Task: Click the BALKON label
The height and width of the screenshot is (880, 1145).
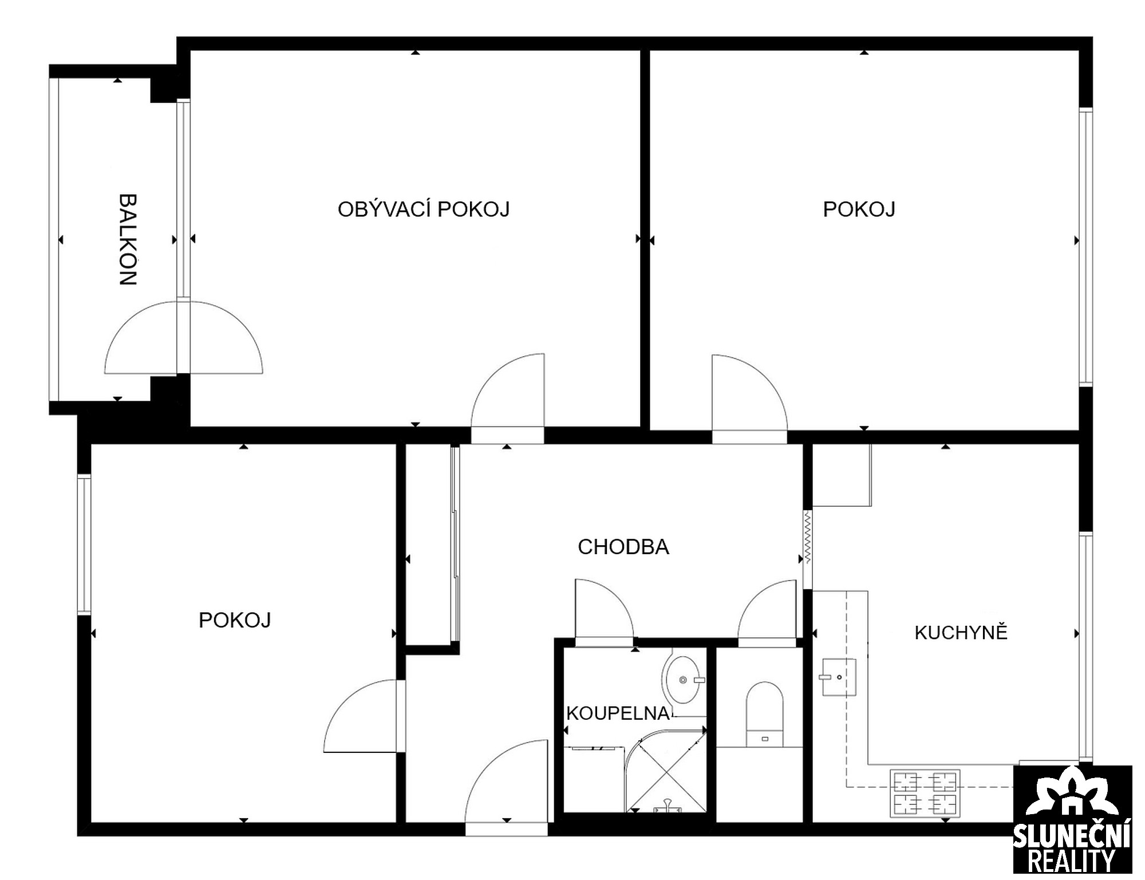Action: pyautogui.click(x=128, y=239)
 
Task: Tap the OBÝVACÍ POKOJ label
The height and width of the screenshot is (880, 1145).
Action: pyautogui.click(x=424, y=210)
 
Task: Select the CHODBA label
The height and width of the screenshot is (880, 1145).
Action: pyautogui.click(x=623, y=547)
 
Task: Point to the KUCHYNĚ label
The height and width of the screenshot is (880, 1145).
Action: pyautogui.click(x=961, y=632)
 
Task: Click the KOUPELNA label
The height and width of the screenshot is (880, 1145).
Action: pyautogui.click(x=618, y=713)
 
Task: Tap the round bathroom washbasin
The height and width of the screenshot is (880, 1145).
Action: pyautogui.click(x=683, y=680)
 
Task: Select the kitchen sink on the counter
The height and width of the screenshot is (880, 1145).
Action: pyautogui.click(x=839, y=677)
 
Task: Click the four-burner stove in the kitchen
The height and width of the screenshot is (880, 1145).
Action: pyautogui.click(x=925, y=793)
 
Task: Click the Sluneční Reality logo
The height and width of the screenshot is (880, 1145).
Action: pyautogui.click(x=1072, y=822)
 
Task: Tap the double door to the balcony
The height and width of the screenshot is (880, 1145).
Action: pyautogui.click(x=183, y=338)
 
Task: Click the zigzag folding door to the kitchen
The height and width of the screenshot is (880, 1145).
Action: pyautogui.click(x=807, y=538)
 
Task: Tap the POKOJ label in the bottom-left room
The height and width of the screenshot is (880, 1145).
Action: pyautogui.click(x=235, y=620)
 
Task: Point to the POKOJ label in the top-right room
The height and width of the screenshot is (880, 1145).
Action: pyautogui.click(x=859, y=210)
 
